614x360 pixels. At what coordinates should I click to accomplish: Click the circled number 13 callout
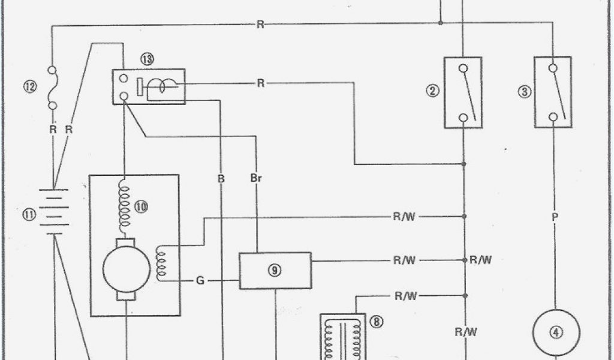[x=148, y=59]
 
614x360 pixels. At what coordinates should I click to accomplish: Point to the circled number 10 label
[x=142, y=207]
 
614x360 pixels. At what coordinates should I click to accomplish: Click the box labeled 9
[x=275, y=271]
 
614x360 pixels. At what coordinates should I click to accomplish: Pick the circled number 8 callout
[x=376, y=322]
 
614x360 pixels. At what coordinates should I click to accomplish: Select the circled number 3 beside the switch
[x=524, y=92]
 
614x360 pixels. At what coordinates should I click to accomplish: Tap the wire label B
[x=221, y=179]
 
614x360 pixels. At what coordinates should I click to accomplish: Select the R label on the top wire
[x=260, y=25]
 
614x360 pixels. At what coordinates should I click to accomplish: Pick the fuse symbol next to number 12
[x=52, y=87]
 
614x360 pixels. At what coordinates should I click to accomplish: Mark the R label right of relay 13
[x=260, y=83]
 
